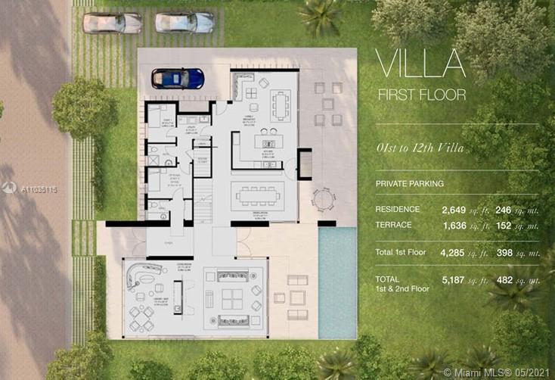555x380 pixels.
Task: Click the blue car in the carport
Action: click(x=178, y=78)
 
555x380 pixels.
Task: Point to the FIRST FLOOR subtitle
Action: click(x=422, y=95)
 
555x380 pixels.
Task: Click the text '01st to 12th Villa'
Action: click(x=420, y=149)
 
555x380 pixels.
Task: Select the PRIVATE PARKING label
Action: click(x=410, y=183)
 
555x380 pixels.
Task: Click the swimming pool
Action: click(x=336, y=282)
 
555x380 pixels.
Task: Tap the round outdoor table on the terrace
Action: click(x=323, y=199)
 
